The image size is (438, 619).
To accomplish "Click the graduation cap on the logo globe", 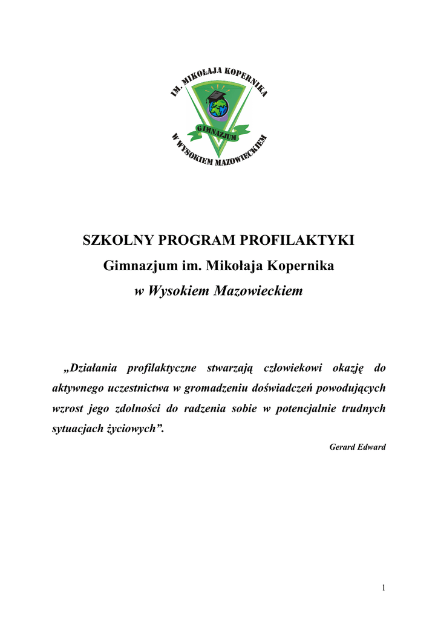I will tap(216, 96).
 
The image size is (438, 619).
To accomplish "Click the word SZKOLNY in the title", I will tap(119, 241).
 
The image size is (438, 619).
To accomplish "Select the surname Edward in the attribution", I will tap(372, 447).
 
